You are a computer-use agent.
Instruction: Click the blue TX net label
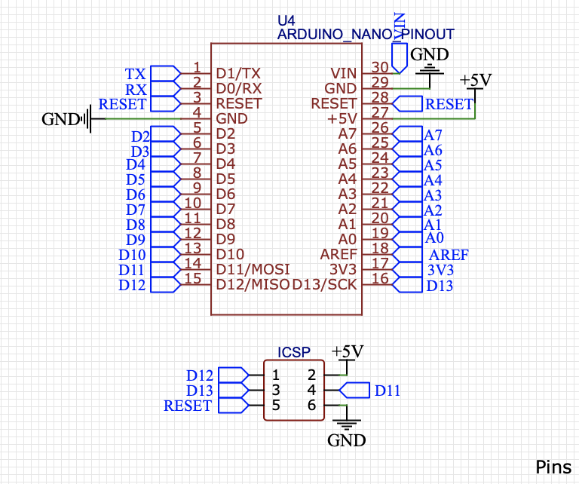point(136,74)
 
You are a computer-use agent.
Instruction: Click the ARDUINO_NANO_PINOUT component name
point(366,34)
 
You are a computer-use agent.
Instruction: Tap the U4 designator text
point(287,20)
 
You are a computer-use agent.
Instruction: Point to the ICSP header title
point(294,352)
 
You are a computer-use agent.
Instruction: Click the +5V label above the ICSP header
point(347,352)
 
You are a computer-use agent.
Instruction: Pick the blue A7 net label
point(433,136)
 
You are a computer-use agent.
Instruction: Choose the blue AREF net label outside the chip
point(449,255)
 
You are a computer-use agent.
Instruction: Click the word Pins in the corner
point(553,467)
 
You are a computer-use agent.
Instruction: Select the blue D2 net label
point(140,136)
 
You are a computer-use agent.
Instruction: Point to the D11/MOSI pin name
point(253,269)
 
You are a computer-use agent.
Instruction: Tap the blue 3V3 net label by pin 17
point(440,270)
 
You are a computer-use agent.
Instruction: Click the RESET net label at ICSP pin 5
point(188,406)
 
